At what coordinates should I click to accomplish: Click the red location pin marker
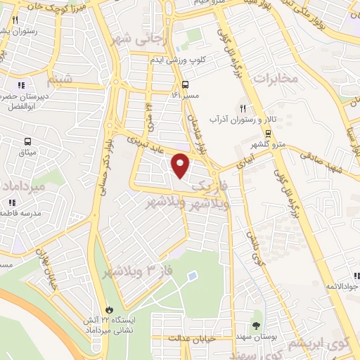(181, 165)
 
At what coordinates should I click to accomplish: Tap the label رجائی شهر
(138, 39)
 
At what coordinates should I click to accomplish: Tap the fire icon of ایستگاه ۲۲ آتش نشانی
(109, 309)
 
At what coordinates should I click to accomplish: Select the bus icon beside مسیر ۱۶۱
(185, 84)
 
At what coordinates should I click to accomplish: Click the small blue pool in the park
(193, 276)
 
